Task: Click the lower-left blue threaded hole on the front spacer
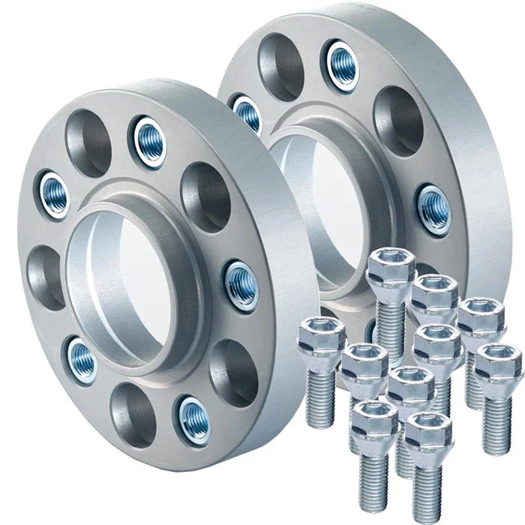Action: [x=81, y=358]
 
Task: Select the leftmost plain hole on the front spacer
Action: [x=46, y=277]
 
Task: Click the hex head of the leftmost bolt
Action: [x=321, y=336]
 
